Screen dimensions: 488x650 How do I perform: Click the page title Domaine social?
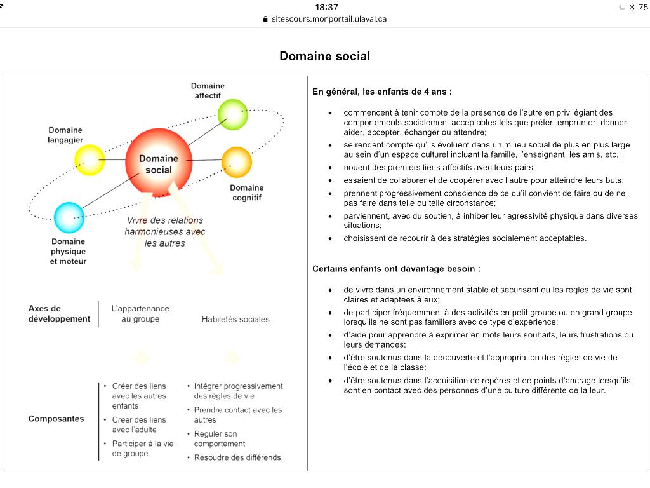point(324,56)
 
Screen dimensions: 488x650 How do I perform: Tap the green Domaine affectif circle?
point(232,114)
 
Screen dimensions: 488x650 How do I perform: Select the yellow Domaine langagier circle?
point(90,160)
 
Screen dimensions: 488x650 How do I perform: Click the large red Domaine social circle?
point(158,162)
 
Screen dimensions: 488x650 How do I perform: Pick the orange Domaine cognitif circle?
point(237,161)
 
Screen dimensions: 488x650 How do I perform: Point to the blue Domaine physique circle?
point(69,217)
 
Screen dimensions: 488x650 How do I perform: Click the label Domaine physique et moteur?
point(68,251)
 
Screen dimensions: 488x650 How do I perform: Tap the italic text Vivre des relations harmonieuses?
point(164,231)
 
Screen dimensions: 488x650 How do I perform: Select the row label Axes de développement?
point(59,313)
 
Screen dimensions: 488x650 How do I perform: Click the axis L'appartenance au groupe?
point(140,313)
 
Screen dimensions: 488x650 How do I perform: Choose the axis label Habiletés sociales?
point(235,319)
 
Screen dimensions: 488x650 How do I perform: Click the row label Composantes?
point(56,419)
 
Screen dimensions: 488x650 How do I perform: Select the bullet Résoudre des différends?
point(237,457)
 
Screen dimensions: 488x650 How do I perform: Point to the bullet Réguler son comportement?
point(220,438)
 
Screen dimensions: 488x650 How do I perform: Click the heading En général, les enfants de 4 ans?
point(381,91)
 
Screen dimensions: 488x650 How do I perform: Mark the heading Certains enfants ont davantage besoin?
point(396,269)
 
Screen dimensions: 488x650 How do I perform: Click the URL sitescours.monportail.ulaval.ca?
point(329,19)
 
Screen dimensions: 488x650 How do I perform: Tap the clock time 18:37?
point(326,7)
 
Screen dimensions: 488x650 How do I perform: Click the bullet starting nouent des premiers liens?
point(439,168)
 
